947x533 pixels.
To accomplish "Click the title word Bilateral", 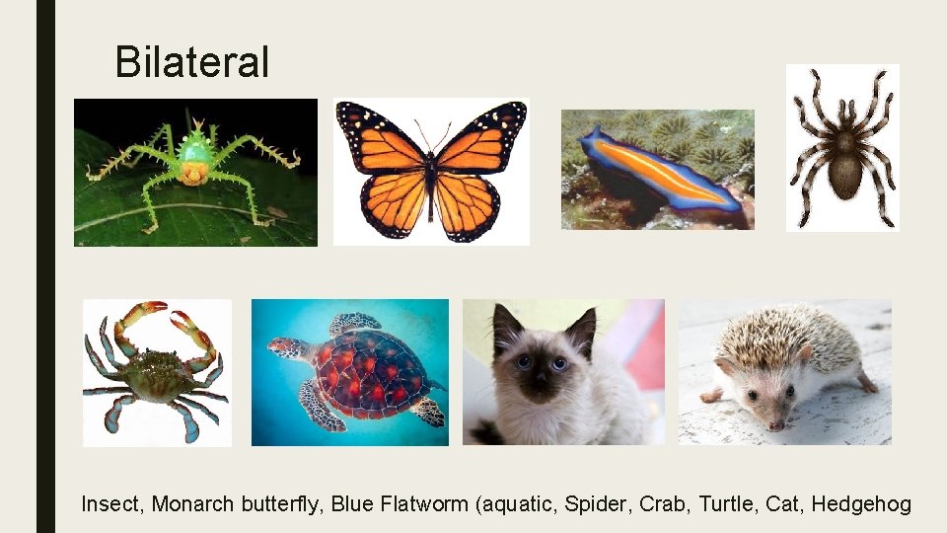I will (x=191, y=62).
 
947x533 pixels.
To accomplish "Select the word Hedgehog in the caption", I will (x=861, y=504).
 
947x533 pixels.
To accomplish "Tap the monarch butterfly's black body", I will (x=431, y=178).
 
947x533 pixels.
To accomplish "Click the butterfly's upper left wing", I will (x=380, y=138).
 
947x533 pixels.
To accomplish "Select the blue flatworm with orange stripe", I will (x=656, y=168).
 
